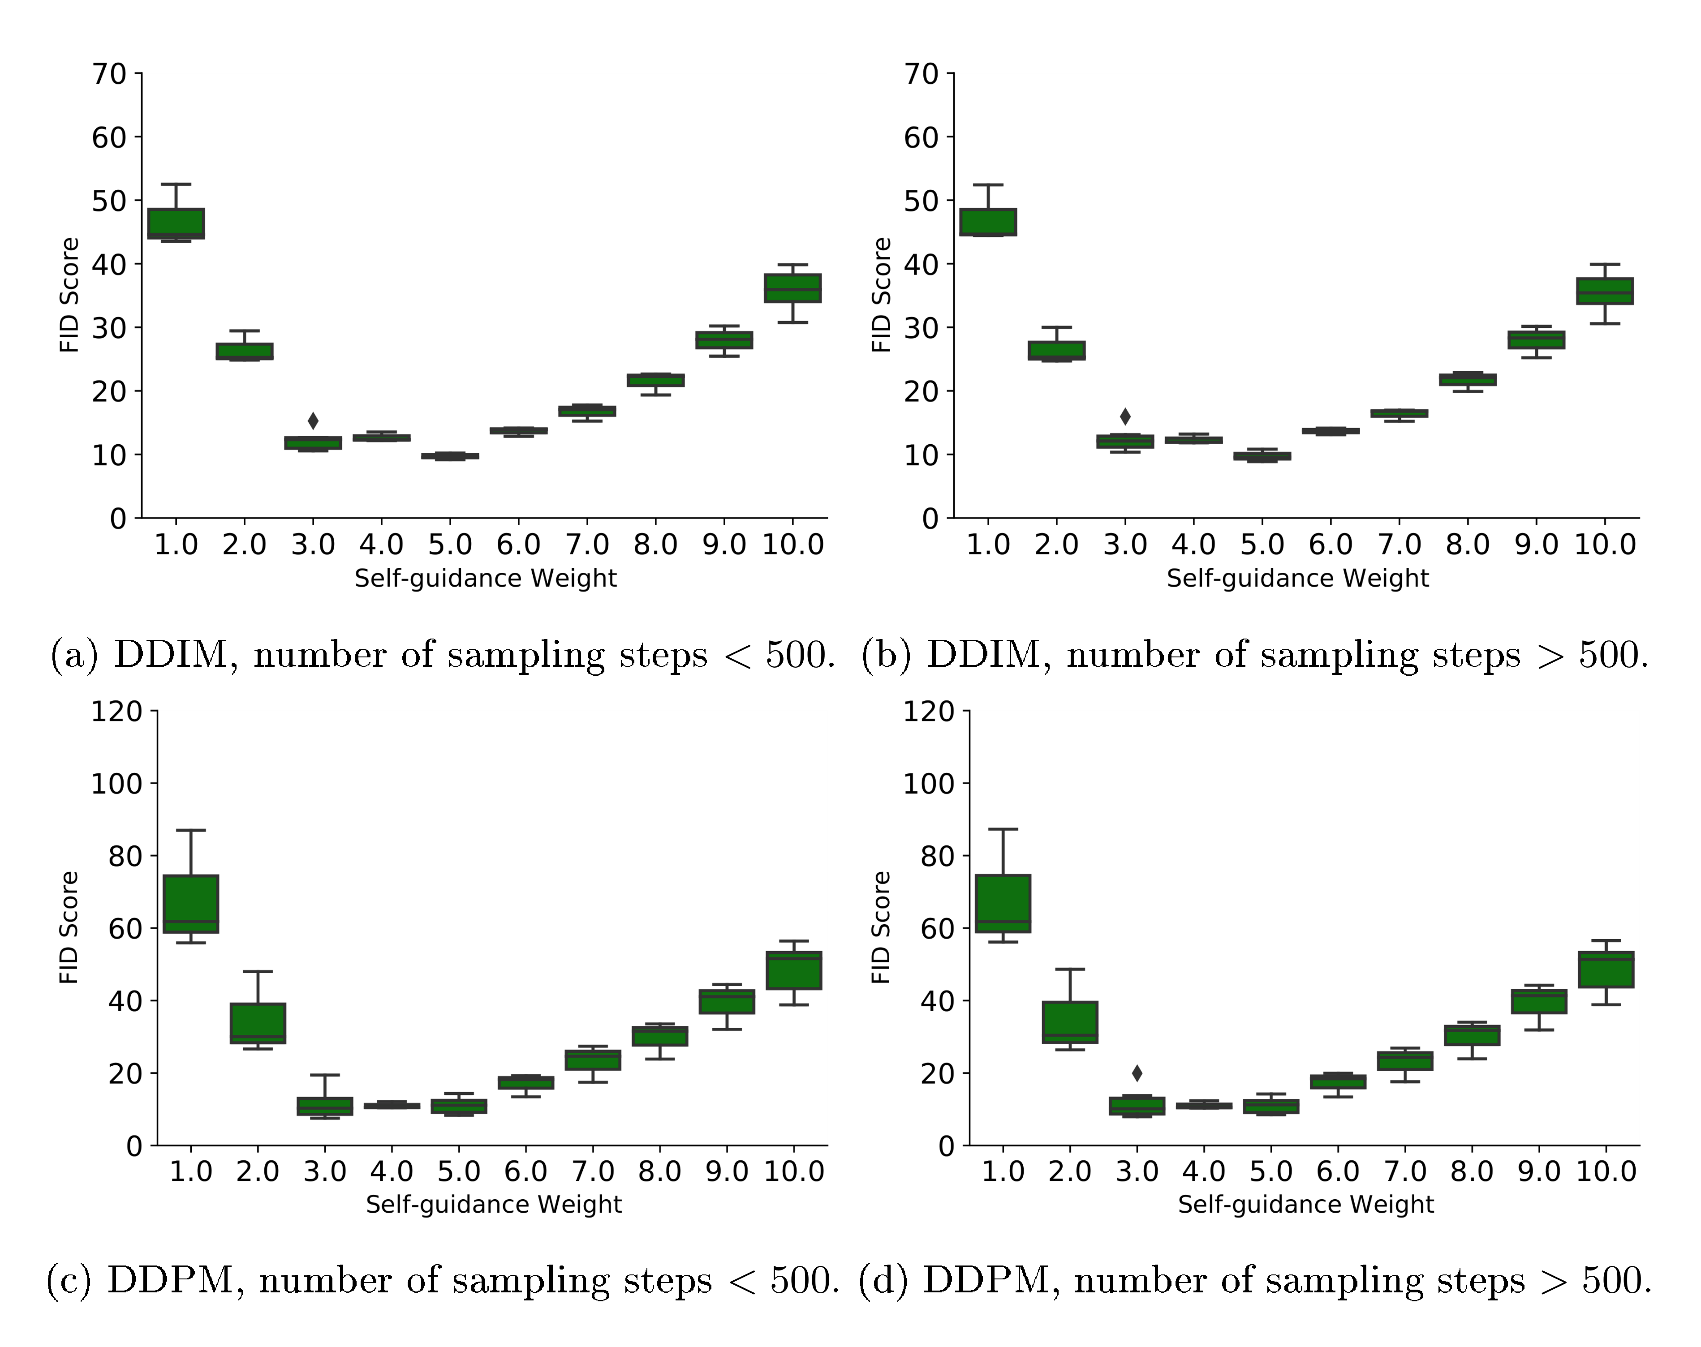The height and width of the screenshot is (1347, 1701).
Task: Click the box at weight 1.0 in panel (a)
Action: [x=176, y=223]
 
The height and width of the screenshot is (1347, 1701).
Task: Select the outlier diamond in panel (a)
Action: [x=313, y=421]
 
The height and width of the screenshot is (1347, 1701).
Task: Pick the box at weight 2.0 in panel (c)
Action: [x=258, y=1023]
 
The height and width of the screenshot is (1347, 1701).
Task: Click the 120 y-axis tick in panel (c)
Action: [x=116, y=712]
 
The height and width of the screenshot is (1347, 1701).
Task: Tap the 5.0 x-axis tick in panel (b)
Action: [x=1262, y=544]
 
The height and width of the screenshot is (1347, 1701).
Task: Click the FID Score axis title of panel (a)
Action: [x=69, y=295]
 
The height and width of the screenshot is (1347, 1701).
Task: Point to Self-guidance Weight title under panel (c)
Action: [x=493, y=1204]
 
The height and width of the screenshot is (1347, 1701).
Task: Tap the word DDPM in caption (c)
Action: [x=170, y=1280]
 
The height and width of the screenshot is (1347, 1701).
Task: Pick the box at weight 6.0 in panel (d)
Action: [x=1338, y=1081]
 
